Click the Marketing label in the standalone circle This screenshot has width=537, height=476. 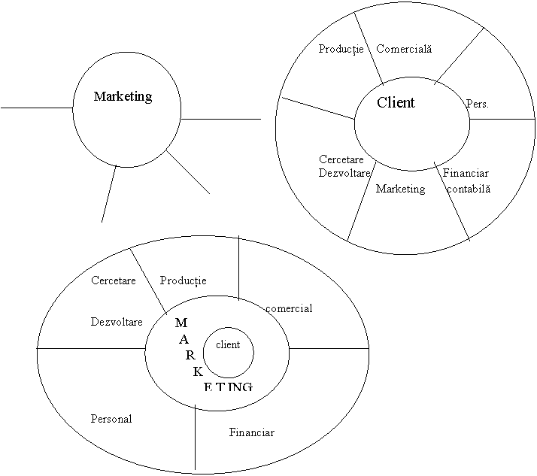pyautogui.click(x=123, y=97)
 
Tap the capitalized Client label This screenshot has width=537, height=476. pyautogui.click(x=396, y=103)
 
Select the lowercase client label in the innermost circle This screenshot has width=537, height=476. pyautogui.click(x=228, y=345)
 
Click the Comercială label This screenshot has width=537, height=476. pyautogui.click(x=404, y=50)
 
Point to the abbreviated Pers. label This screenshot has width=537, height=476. pyautogui.click(x=478, y=104)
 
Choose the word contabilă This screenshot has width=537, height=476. pyautogui.click(x=468, y=189)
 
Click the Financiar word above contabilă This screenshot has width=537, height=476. pyautogui.click(x=466, y=174)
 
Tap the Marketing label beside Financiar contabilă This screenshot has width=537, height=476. pyautogui.click(x=400, y=189)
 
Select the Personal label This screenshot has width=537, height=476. pyautogui.click(x=111, y=419)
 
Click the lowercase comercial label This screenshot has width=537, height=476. pyautogui.click(x=289, y=309)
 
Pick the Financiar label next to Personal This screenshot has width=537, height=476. pyautogui.click(x=251, y=433)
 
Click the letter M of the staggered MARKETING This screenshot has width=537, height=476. pyautogui.click(x=181, y=323)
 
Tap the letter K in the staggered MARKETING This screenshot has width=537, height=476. pyautogui.click(x=198, y=371)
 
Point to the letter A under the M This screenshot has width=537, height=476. pyautogui.click(x=184, y=339)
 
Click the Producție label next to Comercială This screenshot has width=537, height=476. pyautogui.click(x=341, y=50)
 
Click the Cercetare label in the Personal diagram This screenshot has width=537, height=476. pyautogui.click(x=113, y=281)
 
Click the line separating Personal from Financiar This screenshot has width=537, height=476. pyautogui.click(x=196, y=440)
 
